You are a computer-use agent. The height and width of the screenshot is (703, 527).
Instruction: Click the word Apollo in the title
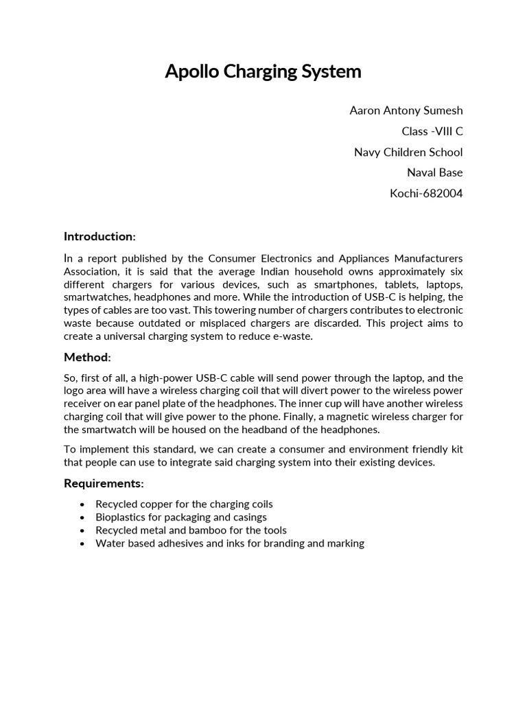pyautogui.click(x=191, y=71)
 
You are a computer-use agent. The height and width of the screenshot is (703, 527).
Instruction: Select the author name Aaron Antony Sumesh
pyautogui.click(x=406, y=111)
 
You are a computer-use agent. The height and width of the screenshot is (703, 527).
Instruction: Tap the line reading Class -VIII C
pyautogui.click(x=432, y=131)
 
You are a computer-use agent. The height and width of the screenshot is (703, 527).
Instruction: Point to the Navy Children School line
pyautogui.click(x=408, y=152)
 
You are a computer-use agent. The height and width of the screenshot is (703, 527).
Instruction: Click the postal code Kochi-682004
pyautogui.click(x=426, y=193)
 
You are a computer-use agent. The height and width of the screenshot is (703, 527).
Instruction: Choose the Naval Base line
pyautogui.click(x=434, y=172)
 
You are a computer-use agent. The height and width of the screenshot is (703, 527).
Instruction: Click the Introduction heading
pyautogui.click(x=99, y=236)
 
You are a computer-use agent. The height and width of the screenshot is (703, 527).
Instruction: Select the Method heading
pyautogui.click(x=86, y=357)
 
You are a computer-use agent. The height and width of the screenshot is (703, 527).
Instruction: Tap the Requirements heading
pyautogui.click(x=104, y=483)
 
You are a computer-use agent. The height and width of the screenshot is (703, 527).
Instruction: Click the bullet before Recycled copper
pyautogui.click(x=83, y=505)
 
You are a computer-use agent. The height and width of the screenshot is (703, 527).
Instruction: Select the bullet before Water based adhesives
pyautogui.click(x=83, y=544)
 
